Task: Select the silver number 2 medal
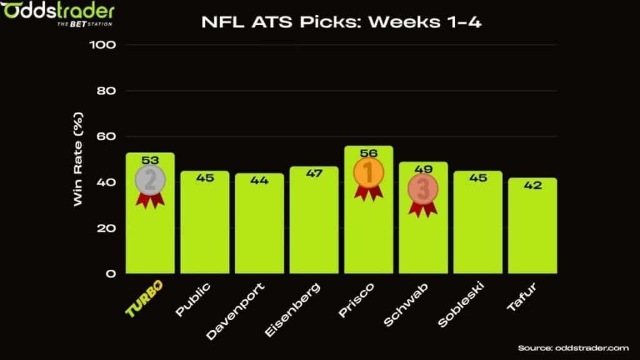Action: (x=150, y=180)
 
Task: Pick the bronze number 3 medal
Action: (x=423, y=189)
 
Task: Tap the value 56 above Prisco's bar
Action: (x=369, y=153)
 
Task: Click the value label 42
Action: (x=532, y=186)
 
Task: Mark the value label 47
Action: (x=314, y=174)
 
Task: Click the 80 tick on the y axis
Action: (x=107, y=91)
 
